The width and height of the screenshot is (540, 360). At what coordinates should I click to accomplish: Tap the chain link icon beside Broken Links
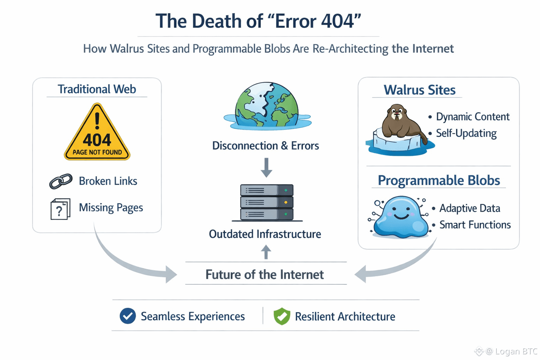pyautogui.click(x=61, y=181)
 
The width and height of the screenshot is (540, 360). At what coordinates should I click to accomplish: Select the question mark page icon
pyautogui.click(x=60, y=209)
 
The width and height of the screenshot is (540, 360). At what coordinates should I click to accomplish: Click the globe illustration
pyautogui.click(x=267, y=105)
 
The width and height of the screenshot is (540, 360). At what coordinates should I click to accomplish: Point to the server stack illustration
pyautogui.click(x=267, y=203)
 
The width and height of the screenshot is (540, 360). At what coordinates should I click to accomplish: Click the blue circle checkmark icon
pyautogui.click(x=128, y=316)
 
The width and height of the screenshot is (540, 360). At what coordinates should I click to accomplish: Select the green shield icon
pyautogui.click(x=282, y=316)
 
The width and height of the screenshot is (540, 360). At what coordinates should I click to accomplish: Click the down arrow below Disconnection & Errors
pyautogui.click(x=266, y=168)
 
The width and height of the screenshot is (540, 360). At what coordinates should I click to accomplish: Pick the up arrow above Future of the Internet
pyautogui.click(x=266, y=252)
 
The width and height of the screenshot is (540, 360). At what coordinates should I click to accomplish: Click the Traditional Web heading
pyautogui.click(x=97, y=89)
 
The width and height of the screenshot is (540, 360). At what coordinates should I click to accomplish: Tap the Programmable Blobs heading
pyautogui.click(x=439, y=180)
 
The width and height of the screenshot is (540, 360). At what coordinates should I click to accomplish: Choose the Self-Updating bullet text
pyautogui.click(x=466, y=133)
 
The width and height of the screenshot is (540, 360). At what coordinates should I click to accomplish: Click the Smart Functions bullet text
pyautogui.click(x=475, y=225)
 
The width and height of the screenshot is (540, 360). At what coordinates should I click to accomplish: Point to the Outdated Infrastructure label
pyautogui.click(x=265, y=234)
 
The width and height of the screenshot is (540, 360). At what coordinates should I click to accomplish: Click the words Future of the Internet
pyautogui.click(x=264, y=275)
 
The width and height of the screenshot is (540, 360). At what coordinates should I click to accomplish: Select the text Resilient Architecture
pyautogui.click(x=345, y=316)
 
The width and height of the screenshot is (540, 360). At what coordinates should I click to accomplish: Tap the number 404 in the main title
pyautogui.click(x=337, y=21)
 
